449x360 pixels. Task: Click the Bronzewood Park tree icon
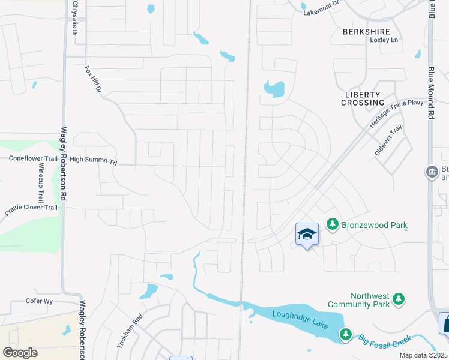pyautogui.click(x=331, y=224)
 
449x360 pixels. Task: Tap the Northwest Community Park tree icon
pyautogui.click(x=397, y=299)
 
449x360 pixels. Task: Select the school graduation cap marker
pyautogui.click(x=307, y=234)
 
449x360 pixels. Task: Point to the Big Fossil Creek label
pyautogui.click(x=385, y=340)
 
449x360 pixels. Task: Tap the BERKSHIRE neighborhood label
pyautogui.click(x=366, y=31)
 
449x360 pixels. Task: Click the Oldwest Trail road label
pyautogui.click(x=388, y=141)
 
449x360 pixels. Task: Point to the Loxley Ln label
pyautogui.click(x=385, y=40)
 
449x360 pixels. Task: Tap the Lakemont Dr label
pyautogui.click(x=322, y=10)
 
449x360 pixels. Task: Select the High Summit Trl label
pyautogui.click(x=93, y=160)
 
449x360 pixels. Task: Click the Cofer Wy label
pyautogui.click(x=40, y=301)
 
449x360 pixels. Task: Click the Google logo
pyautogui.click(x=20, y=353)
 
